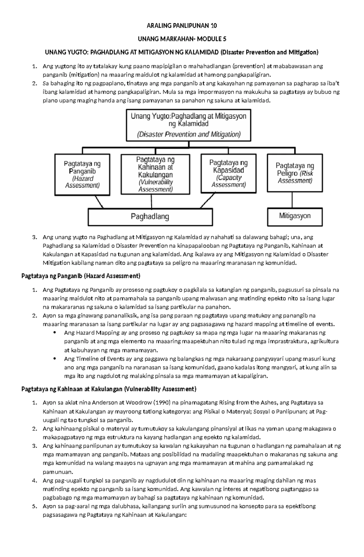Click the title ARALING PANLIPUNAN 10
182,25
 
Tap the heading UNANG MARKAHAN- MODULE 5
182,39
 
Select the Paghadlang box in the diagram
150,217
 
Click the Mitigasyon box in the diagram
295,216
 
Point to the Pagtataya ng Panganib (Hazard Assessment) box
82,174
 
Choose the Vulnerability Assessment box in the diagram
155,174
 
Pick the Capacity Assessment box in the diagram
228,173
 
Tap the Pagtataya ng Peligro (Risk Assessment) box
295,173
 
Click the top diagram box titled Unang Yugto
188,125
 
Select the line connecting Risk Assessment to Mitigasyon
292,200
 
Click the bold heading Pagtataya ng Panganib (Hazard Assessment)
81,276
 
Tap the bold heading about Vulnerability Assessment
109,389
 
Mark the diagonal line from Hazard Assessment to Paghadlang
99,201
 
